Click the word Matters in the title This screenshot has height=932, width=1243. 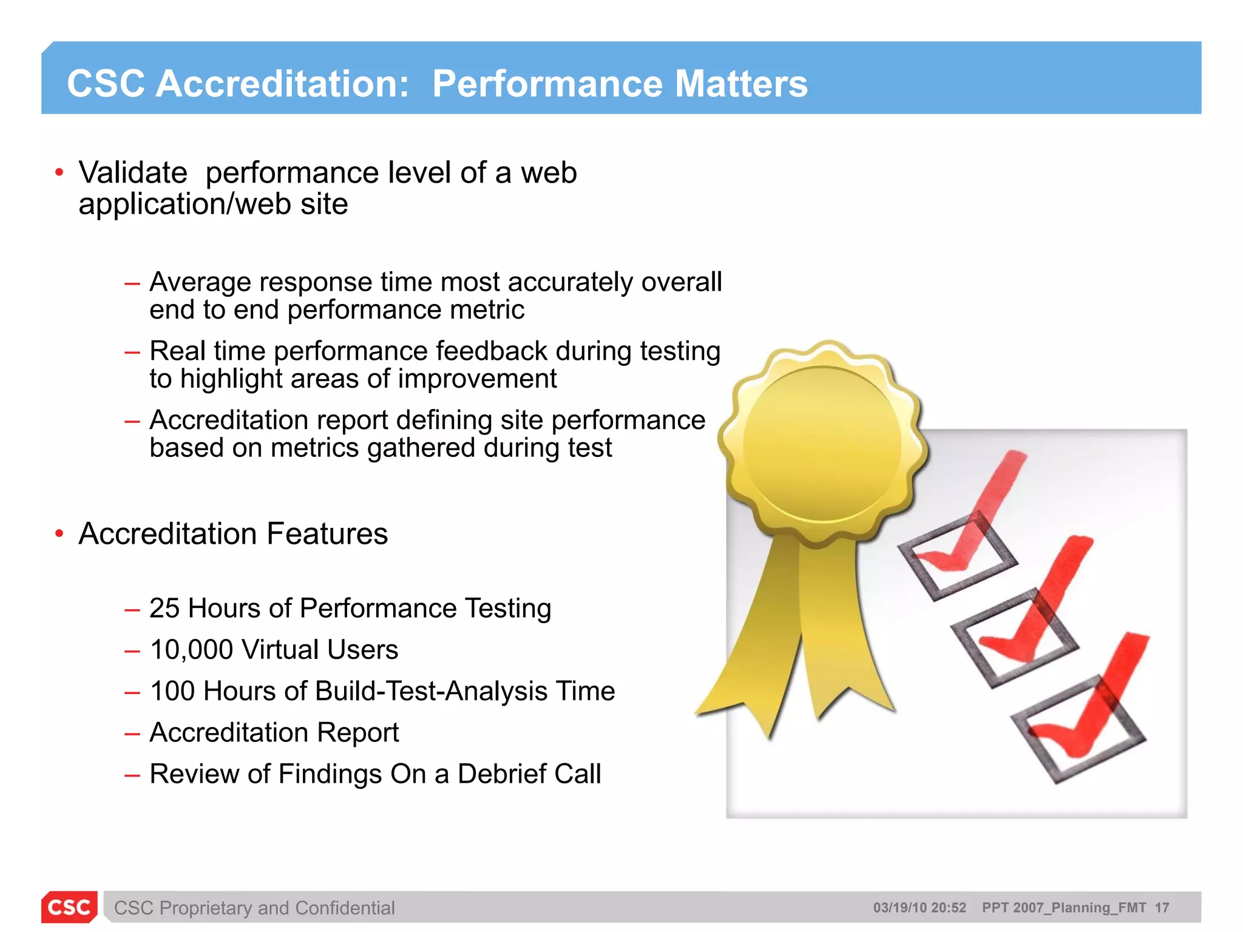click(741, 84)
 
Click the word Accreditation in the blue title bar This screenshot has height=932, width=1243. click(282, 84)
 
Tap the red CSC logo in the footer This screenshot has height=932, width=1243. click(69, 907)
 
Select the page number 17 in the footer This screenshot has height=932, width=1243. click(1162, 908)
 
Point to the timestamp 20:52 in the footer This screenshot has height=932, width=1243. click(948, 908)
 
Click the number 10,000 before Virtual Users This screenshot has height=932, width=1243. click(191, 650)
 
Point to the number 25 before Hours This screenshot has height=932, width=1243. click(164, 609)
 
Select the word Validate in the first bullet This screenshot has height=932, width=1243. click(133, 173)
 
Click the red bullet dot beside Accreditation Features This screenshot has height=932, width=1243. click(59, 534)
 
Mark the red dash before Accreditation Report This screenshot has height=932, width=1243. click(132, 734)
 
